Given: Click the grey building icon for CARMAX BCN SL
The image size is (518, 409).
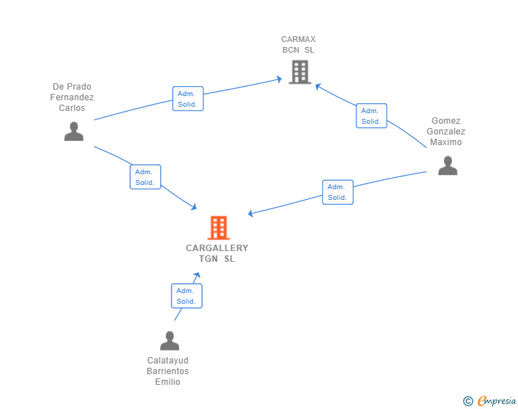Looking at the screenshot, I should tap(300, 72).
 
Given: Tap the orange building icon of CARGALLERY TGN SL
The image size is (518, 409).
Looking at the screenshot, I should tap(218, 228).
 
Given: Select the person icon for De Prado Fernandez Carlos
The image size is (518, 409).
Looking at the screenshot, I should tap(74, 132).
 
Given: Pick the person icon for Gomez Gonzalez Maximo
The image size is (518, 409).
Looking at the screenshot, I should tap(448, 166).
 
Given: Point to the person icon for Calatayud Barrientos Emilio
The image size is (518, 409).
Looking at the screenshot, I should tap(169, 341).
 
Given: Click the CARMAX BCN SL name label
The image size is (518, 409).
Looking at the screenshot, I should tap(298, 45).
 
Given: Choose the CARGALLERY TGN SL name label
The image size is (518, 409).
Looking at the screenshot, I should tap(217, 253).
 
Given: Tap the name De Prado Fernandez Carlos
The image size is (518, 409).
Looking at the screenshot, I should tap(72, 97).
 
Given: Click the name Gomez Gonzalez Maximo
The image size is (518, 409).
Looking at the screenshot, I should tap(446, 132).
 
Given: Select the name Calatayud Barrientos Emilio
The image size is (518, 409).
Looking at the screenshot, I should tap(168, 371).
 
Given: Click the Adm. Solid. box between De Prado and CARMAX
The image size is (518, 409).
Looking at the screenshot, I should tap(188, 99).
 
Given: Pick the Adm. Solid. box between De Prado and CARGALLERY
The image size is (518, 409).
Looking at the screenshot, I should tap(145, 177).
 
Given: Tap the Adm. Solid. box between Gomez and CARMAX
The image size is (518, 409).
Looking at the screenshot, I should tap(371, 116).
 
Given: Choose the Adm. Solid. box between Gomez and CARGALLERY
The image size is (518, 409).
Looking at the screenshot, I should tap(337, 192).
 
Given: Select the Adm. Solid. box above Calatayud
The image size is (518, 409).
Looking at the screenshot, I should tap(186, 296).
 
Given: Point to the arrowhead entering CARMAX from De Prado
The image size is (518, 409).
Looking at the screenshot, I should tap(279, 79).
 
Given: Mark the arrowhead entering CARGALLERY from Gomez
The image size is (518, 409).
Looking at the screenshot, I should tap(251, 213).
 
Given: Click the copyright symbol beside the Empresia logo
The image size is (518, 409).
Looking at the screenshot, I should tap(468, 401).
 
